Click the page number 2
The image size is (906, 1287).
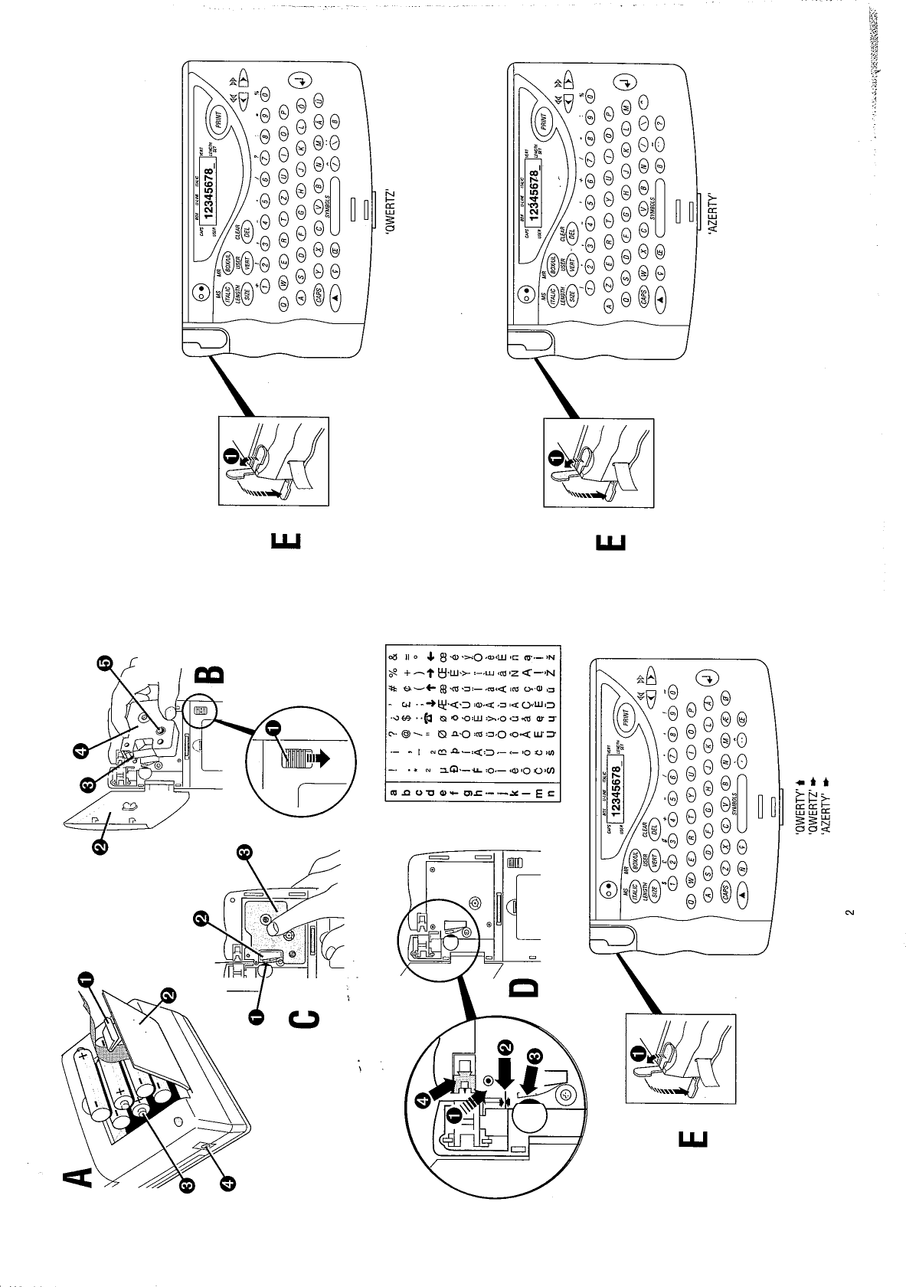pos(848,913)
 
